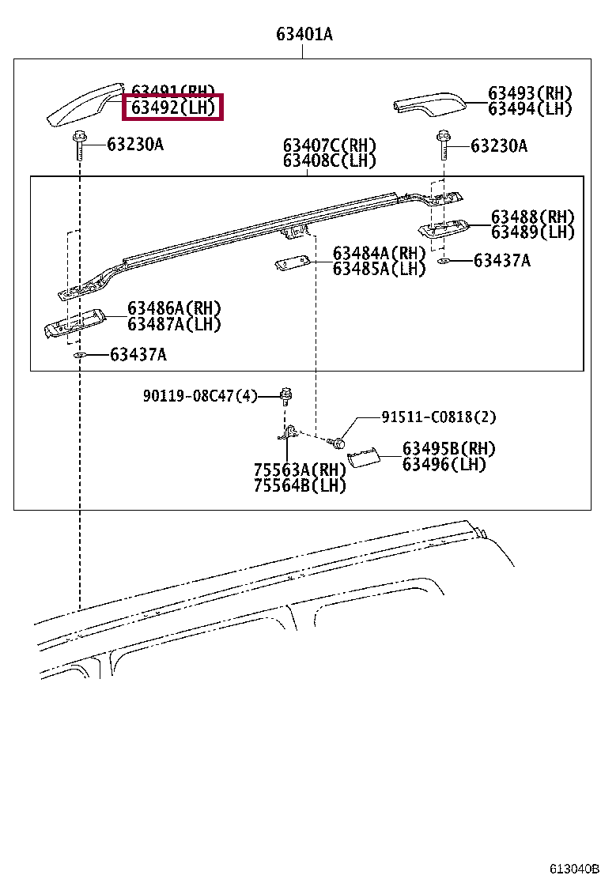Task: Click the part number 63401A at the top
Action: [x=304, y=34]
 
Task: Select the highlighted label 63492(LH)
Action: [x=172, y=108]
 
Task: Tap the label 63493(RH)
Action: [x=529, y=93]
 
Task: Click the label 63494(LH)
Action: [x=529, y=109]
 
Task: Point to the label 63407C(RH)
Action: [x=330, y=145]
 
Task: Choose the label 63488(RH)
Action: [x=532, y=217]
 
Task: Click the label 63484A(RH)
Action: [x=379, y=253]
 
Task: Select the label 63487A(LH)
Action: [x=174, y=324]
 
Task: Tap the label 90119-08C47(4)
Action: [x=200, y=395]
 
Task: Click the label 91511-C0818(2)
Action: [x=439, y=417]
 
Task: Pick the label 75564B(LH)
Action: [x=300, y=485]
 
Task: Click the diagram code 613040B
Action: [x=575, y=868]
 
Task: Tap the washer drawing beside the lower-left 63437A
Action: [x=80, y=356]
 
